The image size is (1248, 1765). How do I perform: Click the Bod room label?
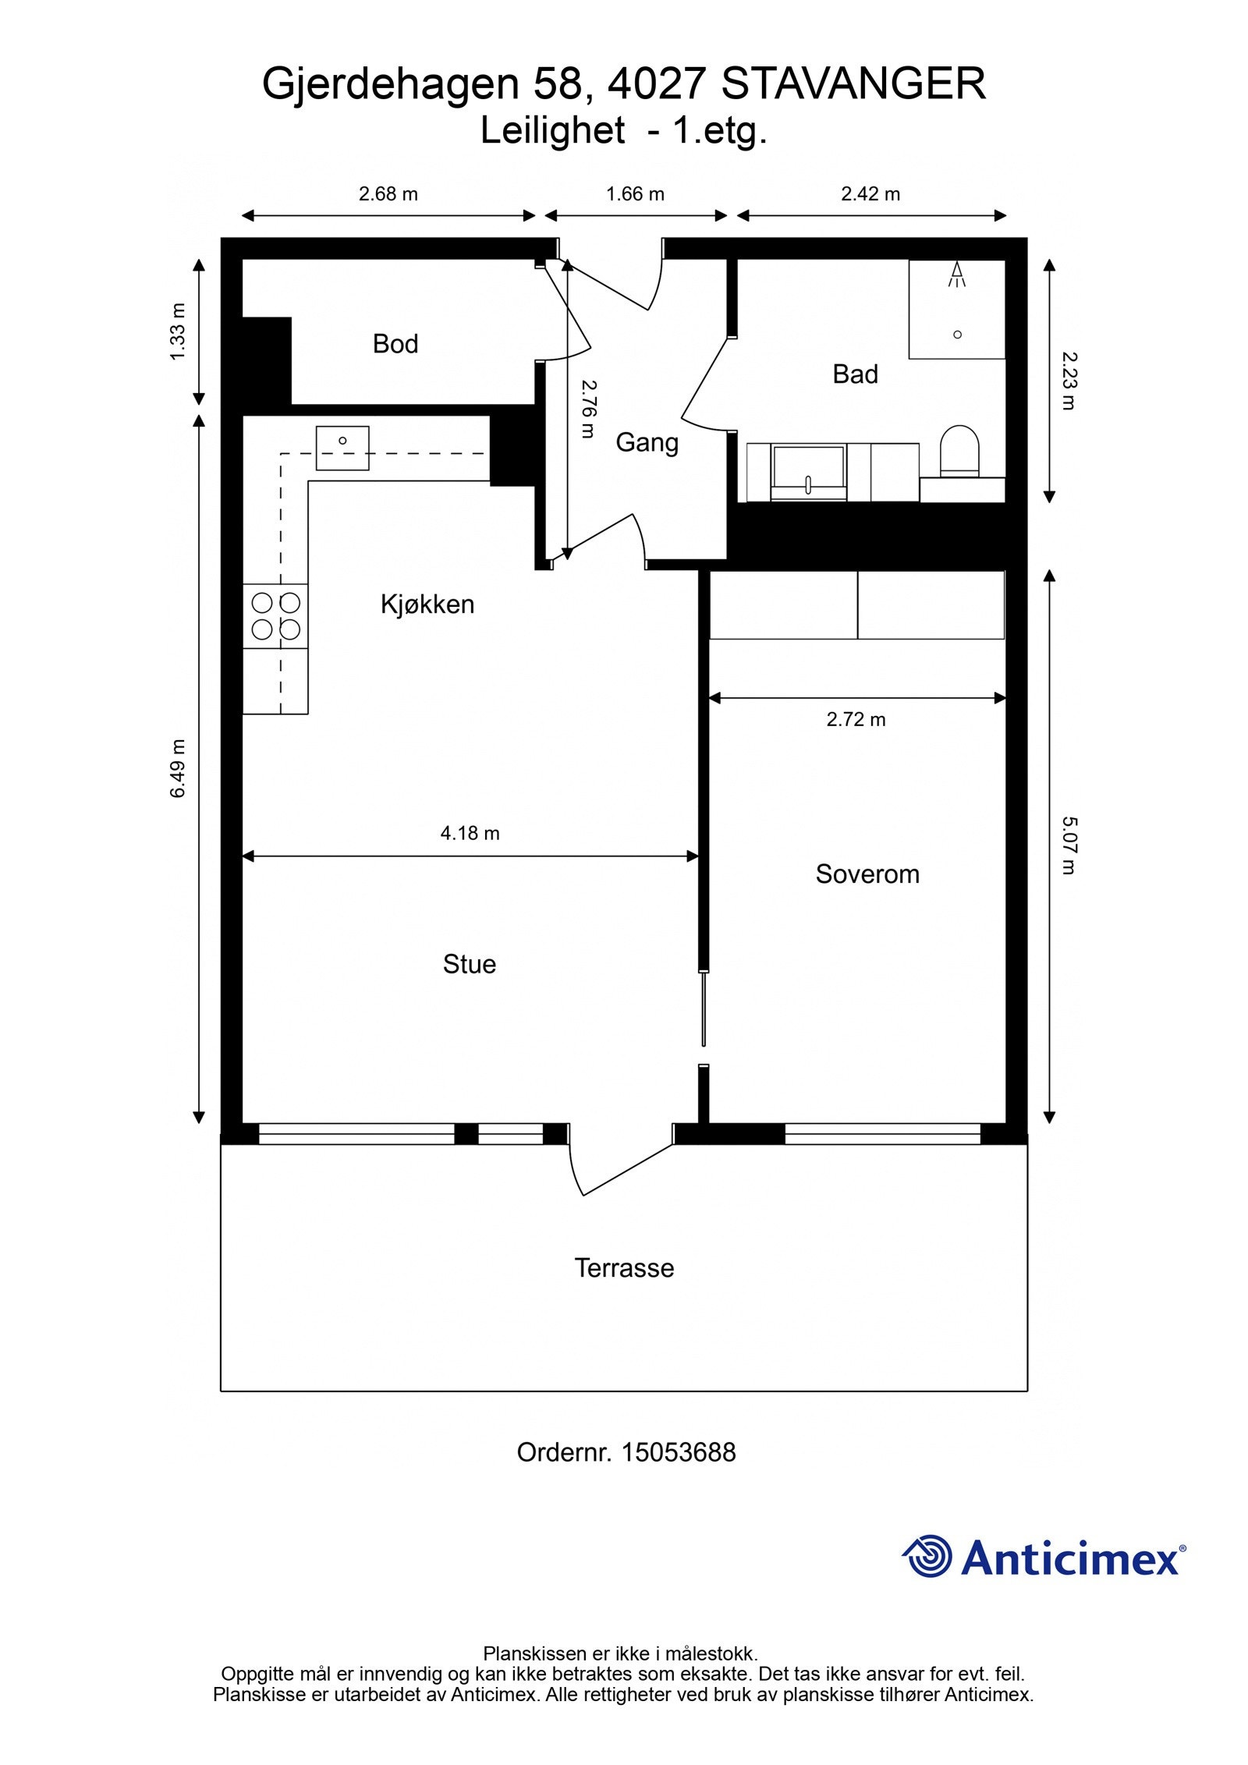pos(395,344)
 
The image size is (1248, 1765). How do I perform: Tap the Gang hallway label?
pos(647,442)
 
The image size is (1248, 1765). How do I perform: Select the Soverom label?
pos(867,874)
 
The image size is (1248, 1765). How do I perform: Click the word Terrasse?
pos(623,1267)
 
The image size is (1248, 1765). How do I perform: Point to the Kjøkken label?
pos(427,604)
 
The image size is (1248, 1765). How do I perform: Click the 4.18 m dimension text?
pos(470,833)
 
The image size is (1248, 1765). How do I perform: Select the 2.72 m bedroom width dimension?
pos(856,719)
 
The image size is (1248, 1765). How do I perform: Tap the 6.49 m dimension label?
pos(179,768)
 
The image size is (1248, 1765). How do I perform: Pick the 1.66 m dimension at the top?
pos(635,194)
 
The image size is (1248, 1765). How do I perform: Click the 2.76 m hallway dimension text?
pos(588,409)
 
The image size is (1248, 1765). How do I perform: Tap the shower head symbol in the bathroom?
pos(957,274)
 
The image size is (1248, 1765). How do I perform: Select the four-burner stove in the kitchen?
pos(275,616)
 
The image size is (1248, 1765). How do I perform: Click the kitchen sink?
pos(342,448)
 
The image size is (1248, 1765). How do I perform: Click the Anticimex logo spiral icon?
pos(928,1556)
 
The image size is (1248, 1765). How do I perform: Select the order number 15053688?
pos(677,1452)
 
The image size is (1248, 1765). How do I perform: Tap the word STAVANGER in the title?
pos(853,84)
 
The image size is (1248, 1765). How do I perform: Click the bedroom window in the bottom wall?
pos(881,1133)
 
